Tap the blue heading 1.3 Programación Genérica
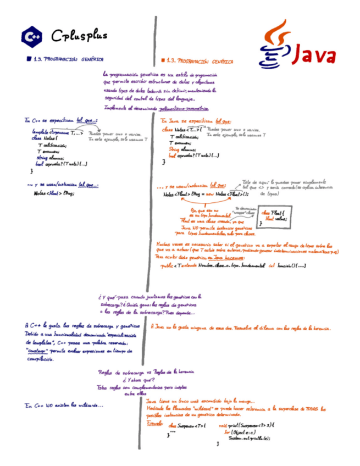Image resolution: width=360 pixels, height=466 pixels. pyautogui.click(x=68, y=59)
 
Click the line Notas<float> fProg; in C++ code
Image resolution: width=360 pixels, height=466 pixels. pyautogui.click(x=53, y=194)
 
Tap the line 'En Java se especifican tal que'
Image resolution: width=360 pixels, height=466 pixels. pyautogui.click(x=196, y=121)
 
